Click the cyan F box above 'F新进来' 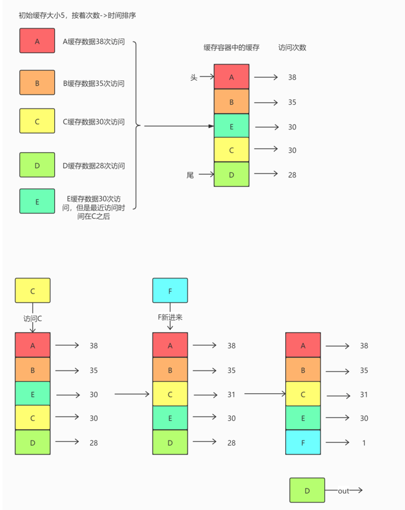tap(170, 290)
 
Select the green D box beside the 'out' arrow tap(307, 490)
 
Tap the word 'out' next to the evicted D tap(343, 491)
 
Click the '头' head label tap(194, 78)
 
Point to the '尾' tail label tap(190, 175)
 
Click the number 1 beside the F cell tap(364, 442)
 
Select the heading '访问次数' tap(292, 47)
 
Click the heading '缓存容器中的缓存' tap(232, 47)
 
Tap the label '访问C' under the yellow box tap(33, 318)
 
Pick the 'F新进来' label tap(170, 317)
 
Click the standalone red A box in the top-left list tap(37, 40)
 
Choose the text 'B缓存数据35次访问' tap(93, 83)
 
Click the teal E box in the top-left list tap(37, 201)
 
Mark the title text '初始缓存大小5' tap(42, 15)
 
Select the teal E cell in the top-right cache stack tap(232, 126)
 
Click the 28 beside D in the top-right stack tap(292, 175)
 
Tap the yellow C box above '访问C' tap(33, 290)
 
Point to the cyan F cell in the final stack tap(303, 442)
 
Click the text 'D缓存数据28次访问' tap(93, 166)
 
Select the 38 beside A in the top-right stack tap(292, 78)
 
